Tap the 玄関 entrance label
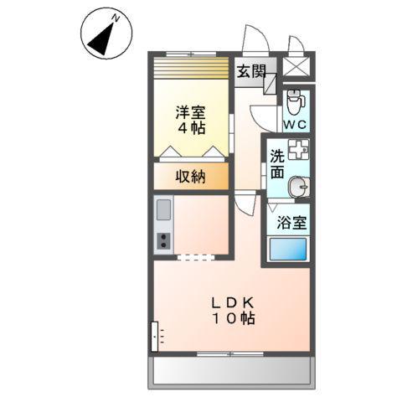[x=249, y=71]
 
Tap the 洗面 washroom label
[x=277, y=164]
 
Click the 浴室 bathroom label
[x=291, y=223]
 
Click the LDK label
[x=231, y=302]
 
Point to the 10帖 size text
[x=231, y=319]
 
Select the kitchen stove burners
[x=162, y=241]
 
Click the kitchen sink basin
[x=162, y=209]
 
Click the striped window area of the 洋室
[x=191, y=68]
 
